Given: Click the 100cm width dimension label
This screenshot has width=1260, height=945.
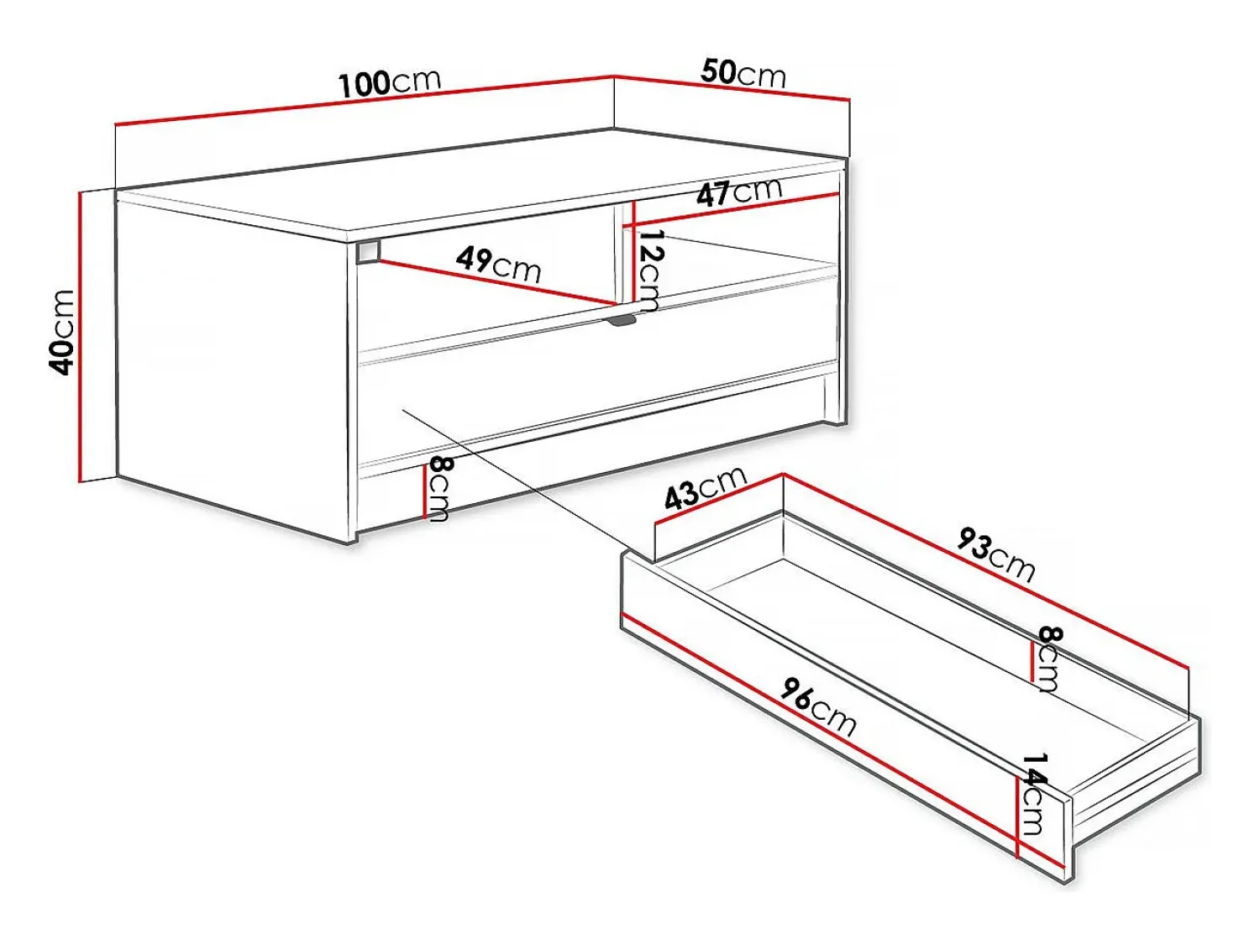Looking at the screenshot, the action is pos(390,82).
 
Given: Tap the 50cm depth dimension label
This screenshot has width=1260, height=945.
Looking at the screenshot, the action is pos(743,74).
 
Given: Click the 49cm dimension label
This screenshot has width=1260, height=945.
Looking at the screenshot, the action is pos(498,265).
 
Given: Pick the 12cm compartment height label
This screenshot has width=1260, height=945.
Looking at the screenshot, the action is pos(649,270).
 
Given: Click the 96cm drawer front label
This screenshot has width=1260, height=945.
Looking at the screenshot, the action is pos(817,707).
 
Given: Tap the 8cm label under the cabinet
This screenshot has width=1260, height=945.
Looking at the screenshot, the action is pos(438,489).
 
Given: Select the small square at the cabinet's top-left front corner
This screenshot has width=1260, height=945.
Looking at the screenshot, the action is pos(368,252).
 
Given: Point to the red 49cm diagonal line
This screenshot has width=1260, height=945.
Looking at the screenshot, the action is pos(498,282).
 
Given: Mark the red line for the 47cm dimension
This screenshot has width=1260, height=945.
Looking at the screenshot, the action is pos(735,210).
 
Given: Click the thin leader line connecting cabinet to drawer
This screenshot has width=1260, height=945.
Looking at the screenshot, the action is pos(515,477).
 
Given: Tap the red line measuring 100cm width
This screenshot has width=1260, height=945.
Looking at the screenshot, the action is pos(365,101).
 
